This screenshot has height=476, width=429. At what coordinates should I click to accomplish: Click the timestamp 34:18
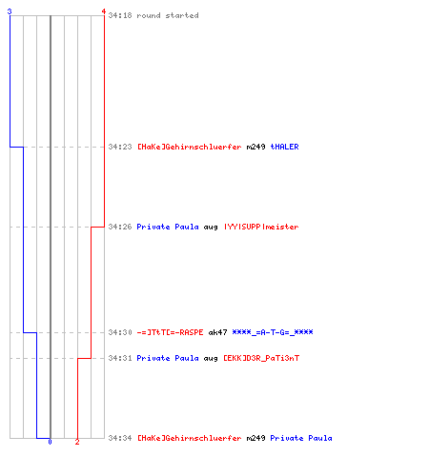120,15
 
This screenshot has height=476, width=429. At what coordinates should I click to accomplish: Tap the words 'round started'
168,15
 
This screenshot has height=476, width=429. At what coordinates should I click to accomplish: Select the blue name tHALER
284,147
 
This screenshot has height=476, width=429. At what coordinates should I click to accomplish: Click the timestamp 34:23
120,147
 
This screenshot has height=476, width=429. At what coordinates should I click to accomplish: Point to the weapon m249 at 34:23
255,147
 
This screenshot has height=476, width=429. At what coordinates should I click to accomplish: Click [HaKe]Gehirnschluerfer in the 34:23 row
190,147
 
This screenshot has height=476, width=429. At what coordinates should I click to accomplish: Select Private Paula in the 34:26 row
168,227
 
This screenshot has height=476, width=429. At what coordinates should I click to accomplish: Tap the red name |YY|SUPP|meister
261,227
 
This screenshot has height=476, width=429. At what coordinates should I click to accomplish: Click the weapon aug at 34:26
211,228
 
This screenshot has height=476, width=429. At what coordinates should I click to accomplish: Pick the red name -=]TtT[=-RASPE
170,332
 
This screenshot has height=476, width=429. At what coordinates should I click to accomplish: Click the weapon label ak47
217,332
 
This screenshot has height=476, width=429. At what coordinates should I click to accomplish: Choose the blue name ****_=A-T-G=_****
273,332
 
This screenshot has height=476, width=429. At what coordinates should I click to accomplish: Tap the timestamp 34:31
120,358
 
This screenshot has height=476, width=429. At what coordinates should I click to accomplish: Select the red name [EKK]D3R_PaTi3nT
261,358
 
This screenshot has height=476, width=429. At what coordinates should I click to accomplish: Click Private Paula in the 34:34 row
301,438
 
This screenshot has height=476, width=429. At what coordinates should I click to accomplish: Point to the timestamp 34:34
120,438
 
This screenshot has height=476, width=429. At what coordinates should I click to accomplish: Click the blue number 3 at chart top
10,11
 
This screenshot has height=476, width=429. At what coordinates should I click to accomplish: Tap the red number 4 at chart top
104,11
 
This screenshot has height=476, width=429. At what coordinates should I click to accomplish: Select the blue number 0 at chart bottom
50,442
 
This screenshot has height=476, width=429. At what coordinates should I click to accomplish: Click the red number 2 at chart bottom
77,442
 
